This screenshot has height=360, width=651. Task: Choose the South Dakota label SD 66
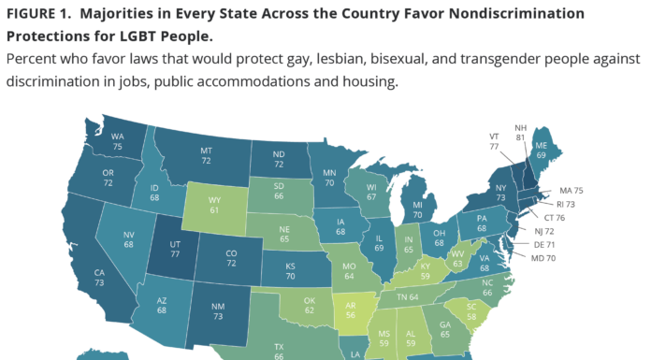[278, 193]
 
